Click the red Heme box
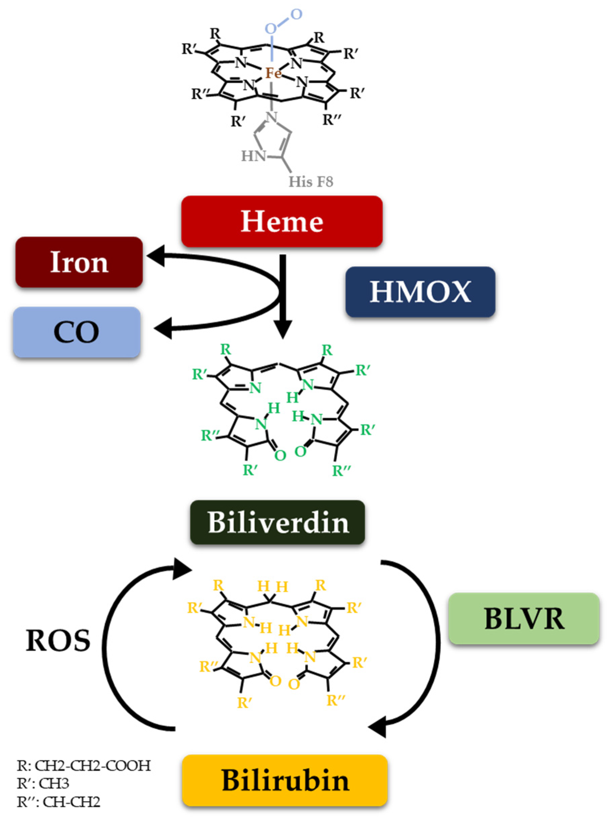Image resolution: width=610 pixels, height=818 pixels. click(x=282, y=221)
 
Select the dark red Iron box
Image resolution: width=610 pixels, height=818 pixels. click(x=79, y=262)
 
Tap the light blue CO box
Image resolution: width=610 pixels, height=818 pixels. click(x=77, y=332)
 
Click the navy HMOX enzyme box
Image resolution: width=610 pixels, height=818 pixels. click(x=420, y=292)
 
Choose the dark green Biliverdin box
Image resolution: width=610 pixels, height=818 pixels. click(x=278, y=522)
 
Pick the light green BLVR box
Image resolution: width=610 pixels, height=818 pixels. click(x=524, y=618)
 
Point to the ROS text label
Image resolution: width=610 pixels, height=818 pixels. click(x=58, y=640)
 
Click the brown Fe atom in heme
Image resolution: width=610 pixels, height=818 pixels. click(x=273, y=73)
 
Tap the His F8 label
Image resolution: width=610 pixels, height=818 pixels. click(x=311, y=182)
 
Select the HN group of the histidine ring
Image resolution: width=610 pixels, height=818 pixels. click(x=253, y=156)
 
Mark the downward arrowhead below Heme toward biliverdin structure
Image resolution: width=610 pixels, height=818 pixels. click(x=283, y=330)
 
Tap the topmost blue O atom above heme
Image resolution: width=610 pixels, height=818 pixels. click(x=296, y=14)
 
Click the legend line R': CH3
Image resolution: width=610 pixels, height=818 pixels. click(x=43, y=784)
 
